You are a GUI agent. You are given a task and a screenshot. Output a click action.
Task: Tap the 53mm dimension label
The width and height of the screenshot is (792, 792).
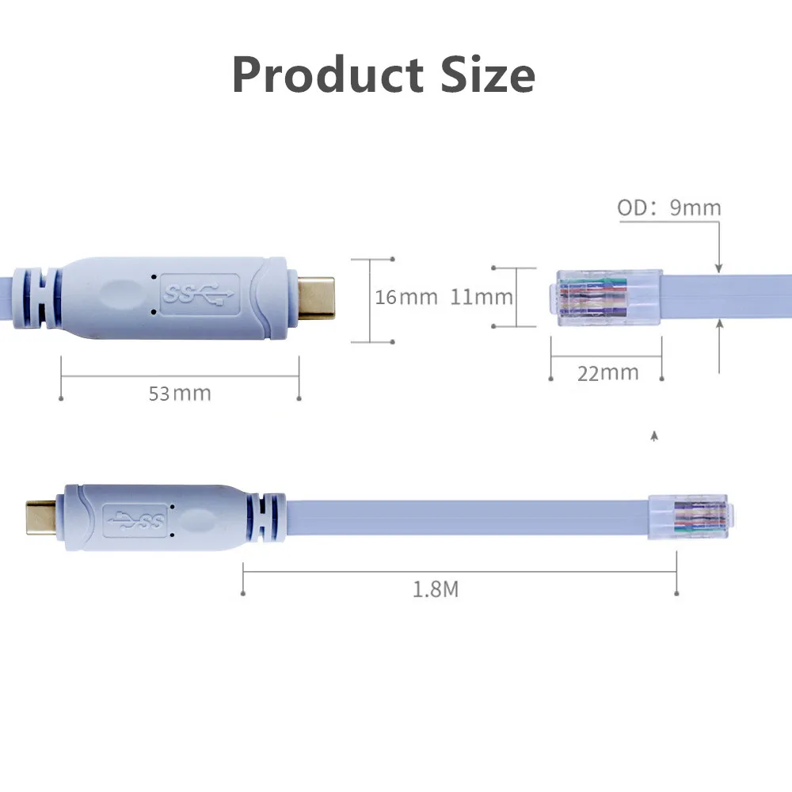(180, 393)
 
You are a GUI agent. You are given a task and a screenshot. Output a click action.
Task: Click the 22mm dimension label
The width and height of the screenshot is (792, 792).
(607, 372)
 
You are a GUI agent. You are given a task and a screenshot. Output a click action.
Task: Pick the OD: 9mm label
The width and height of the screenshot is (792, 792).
(669, 208)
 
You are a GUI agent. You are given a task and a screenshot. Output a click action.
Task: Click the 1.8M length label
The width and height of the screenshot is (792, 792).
(436, 589)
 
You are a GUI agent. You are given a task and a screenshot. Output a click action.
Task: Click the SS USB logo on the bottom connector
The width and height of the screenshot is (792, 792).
(138, 520)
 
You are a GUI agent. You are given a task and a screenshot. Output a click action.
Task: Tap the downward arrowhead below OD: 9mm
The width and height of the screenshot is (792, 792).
(719, 268)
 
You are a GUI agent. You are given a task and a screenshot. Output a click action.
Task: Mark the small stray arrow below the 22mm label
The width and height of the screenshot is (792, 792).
(653, 436)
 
